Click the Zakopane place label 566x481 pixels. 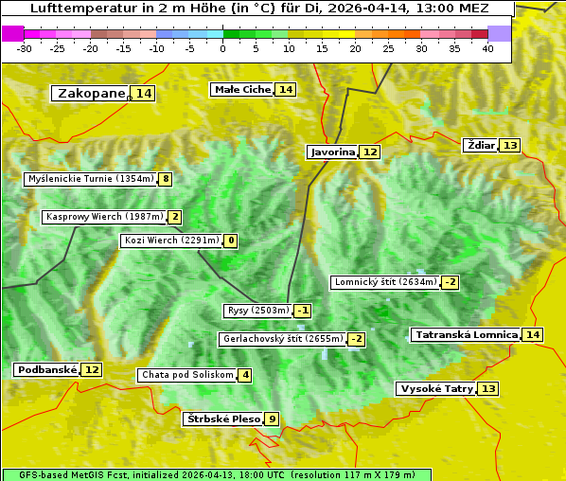point(92,93)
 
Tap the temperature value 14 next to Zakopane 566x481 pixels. point(143,93)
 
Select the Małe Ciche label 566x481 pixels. point(242,89)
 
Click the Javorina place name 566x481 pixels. point(332,151)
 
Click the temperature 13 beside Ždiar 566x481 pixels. point(510,145)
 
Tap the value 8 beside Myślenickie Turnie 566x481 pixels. point(166,179)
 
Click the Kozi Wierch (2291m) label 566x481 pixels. point(172,240)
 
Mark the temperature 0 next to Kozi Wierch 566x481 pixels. point(231,240)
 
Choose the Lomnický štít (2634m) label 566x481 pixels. point(385,281)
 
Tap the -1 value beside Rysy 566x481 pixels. point(303,311)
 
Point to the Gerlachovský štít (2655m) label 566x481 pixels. point(282,339)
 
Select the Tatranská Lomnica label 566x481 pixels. point(467,334)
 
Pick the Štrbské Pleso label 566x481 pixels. point(222,419)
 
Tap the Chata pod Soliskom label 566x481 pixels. point(186,375)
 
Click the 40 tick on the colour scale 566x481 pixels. point(487,47)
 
